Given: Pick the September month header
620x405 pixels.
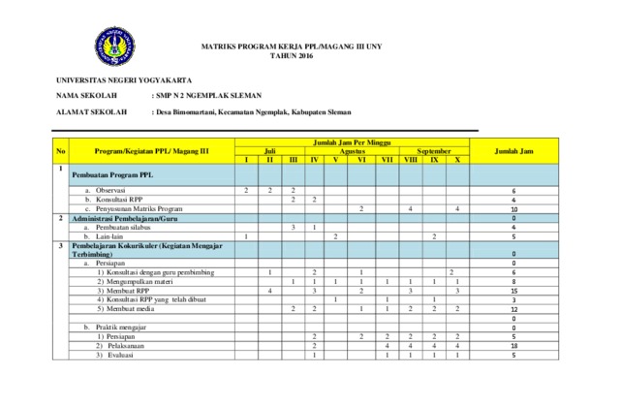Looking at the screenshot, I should click(x=433, y=151).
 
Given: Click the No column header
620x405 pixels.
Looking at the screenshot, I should click(x=61, y=151).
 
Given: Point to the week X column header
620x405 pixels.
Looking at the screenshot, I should click(x=456, y=160).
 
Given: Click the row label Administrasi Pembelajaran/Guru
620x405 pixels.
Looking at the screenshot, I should click(x=131, y=218).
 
